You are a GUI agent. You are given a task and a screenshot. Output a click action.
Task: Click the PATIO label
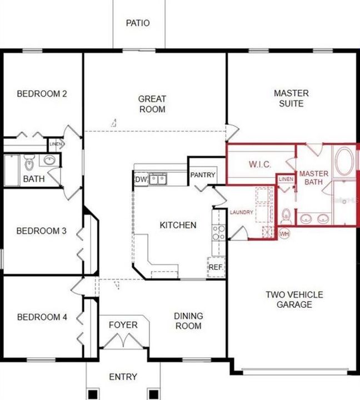[x=138, y=23]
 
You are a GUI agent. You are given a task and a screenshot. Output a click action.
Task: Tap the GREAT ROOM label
[x=152, y=104]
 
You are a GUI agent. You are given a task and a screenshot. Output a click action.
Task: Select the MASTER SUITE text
[x=291, y=98]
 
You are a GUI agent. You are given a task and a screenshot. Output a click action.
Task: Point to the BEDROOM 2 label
[x=42, y=94]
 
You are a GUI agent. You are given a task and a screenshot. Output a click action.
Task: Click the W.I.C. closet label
[x=260, y=164]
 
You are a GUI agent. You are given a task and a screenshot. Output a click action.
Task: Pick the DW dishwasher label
[x=141, y=179]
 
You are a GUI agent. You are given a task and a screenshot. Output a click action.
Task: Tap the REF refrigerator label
[x=216, y=267]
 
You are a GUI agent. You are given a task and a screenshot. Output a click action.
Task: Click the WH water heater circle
[x=284, y=234]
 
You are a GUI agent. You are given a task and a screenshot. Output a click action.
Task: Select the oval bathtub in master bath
[x=344, y=161]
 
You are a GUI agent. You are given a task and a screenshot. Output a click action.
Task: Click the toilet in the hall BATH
[x=29, y=163]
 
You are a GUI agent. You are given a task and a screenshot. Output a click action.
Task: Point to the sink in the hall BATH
[x=49, y=160]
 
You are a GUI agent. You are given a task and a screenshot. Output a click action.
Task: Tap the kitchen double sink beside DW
[x=158, y=179]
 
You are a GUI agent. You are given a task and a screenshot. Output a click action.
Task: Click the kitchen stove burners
[x=219, y=232]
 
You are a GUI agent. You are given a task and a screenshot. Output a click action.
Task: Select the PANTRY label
[x=203, y=175]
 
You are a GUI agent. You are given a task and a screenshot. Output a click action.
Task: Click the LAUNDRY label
[x=241, y=212]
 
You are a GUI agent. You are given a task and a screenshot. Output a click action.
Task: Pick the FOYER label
[x=123, y=325]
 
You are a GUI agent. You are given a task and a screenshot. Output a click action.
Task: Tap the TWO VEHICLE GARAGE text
[x=294, y=299]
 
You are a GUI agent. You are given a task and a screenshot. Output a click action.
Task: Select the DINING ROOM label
[x=188, y=321]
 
